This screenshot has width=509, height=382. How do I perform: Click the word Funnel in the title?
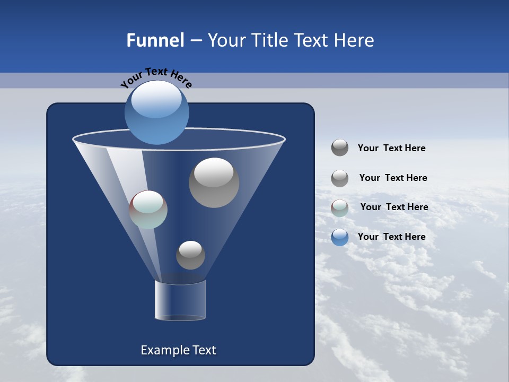point(155,40)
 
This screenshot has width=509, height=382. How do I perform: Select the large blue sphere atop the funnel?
point(156,112)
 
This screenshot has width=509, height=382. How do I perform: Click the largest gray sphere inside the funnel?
point(214,183)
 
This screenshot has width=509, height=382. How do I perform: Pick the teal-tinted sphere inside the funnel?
point(148,210)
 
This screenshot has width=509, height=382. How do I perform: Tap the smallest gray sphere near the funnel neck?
point(190,255)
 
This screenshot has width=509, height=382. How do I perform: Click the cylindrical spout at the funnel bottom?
point(180,300)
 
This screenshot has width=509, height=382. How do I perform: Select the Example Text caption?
point(179,350)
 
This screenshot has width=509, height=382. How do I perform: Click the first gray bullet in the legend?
point(340,148)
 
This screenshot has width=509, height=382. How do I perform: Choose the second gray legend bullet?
point(340,178)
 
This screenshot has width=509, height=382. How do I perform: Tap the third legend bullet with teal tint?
point(340,207)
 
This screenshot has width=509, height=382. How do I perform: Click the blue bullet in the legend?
point(340,237)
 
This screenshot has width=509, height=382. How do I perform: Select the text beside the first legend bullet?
point(391,149)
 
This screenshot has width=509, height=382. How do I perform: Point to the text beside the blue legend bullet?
point(391,237)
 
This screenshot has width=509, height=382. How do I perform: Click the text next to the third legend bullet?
point(394,207)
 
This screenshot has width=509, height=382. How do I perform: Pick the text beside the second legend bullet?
point(393,178)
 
